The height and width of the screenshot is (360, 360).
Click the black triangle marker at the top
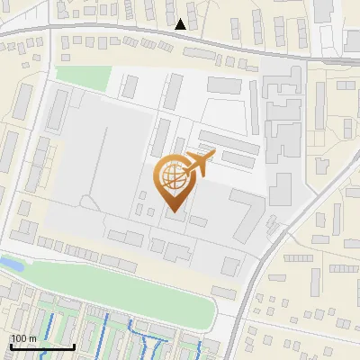181,24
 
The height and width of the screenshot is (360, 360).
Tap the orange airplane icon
198,164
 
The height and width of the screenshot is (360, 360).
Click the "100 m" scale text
23,338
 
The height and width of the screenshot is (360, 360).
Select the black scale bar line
41,346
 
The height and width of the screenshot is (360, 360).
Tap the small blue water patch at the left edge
11,264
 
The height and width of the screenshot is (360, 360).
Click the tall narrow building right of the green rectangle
130,86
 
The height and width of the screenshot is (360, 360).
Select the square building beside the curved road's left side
231,265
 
